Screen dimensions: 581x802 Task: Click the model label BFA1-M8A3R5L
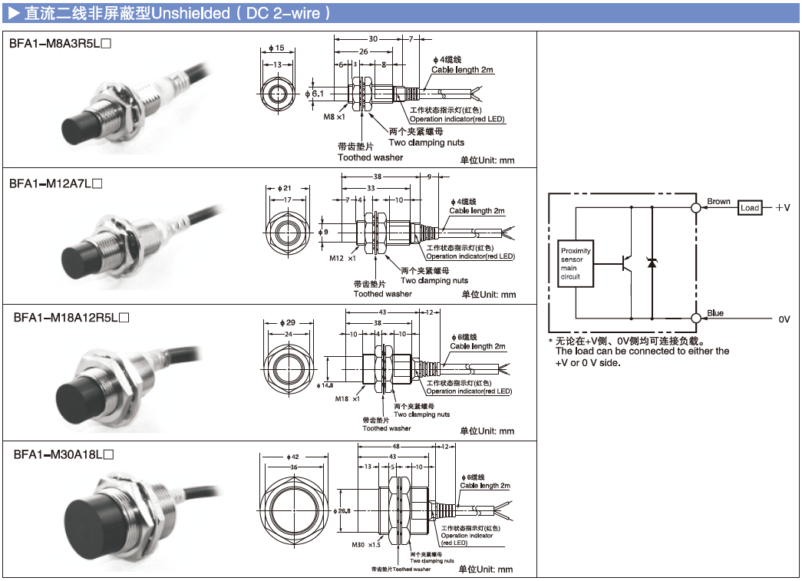61,44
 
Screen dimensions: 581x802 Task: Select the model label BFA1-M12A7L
55,183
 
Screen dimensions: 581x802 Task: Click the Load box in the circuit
749,208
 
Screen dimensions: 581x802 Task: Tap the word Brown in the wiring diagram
718,202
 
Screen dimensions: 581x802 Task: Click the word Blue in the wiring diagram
715,313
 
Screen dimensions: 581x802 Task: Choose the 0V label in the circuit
784,319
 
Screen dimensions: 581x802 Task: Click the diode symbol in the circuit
652,262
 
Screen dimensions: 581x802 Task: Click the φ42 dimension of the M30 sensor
292,457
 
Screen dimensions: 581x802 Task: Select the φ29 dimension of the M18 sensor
289,322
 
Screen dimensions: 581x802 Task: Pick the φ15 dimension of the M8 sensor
277,48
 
